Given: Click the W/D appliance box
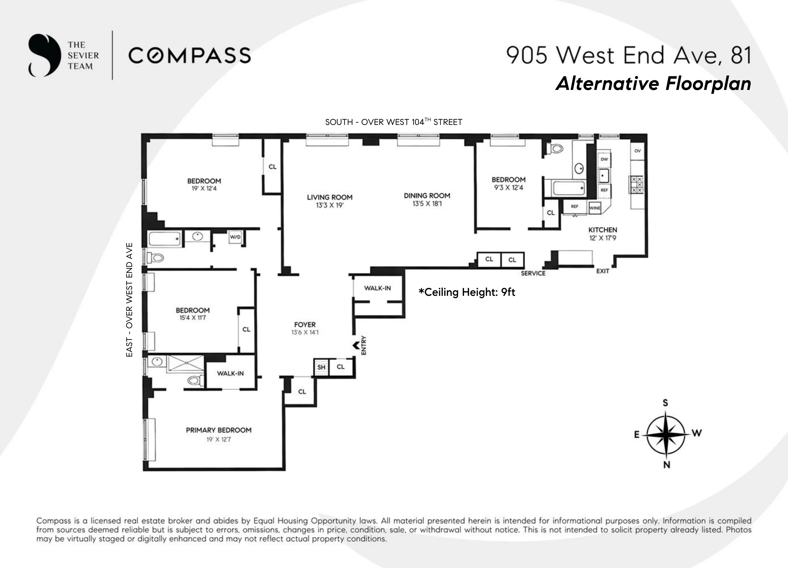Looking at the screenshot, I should pyautogui.click(x=235, y=237).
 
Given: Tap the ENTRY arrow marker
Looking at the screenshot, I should pyautogui.click(x=356, y=345).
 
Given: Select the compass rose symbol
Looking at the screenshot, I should pyautogui.click(x=666, y=434).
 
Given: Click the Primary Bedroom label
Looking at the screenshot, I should pyautogui.click(x=219, y=430).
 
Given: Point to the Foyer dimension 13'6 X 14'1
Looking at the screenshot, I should pyautogui.click(x=305, y=333).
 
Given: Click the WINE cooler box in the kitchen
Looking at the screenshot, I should pyautogui.click(x=594, y=208).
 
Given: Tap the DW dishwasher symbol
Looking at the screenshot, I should pyautogui.click(x=604, y=159).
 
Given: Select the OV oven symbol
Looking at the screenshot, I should pyautogui.click(x=637, y=151).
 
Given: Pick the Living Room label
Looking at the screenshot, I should pyautogui.click(x=329, y=197).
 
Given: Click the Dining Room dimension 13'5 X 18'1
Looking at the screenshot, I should pyautogui.click(x=427, y=204).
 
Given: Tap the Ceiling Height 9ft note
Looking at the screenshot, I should pyautogui.click(x=466, y=292).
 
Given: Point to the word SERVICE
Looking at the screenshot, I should pyautogui.click(x=533, y=273).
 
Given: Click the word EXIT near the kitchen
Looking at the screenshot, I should pyautogui.click(x=603, y=271).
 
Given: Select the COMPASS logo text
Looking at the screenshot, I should pyautogui.click(x=190, y=56).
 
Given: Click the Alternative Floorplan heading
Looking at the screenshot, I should pyautogui.click(x=653, y=84).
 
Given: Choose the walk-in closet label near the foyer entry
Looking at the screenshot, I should pyautogui.click(x=377, y=288).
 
